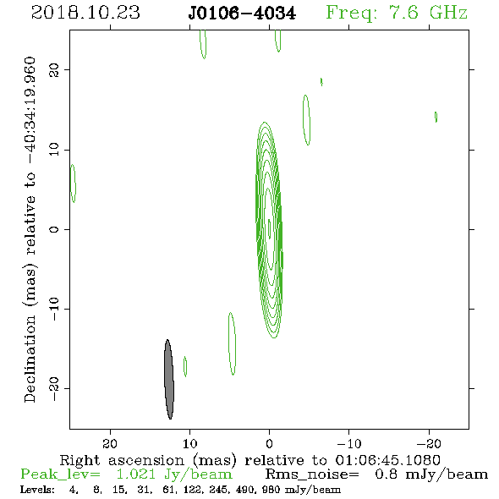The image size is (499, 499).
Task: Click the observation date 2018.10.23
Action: pos(85,13)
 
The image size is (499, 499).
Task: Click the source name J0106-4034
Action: pos(242,14)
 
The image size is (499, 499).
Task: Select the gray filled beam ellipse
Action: pos(169,380)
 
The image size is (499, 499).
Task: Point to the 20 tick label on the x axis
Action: pos(110,443)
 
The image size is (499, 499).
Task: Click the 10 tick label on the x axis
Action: pos(190,443)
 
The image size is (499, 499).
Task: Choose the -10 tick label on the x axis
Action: pos(349,443)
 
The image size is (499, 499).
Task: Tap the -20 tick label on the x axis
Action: pos(429,443)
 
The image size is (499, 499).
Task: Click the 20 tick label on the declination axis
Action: pos(54,69)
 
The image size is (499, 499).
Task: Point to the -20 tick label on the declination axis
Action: pos(54,389)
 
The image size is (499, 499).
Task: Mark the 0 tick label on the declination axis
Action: pos(54,229)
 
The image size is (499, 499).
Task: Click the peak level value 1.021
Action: pos(136,474)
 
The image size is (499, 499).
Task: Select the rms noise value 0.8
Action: pos(386,474)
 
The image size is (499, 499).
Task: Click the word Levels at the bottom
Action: pos(37,490)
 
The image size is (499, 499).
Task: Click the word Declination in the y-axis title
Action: pos(30,359)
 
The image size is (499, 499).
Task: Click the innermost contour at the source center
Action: pos(269,228)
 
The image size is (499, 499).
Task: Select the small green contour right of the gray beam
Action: pos(185,366)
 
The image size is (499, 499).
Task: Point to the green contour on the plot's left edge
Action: pos(74,184)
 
